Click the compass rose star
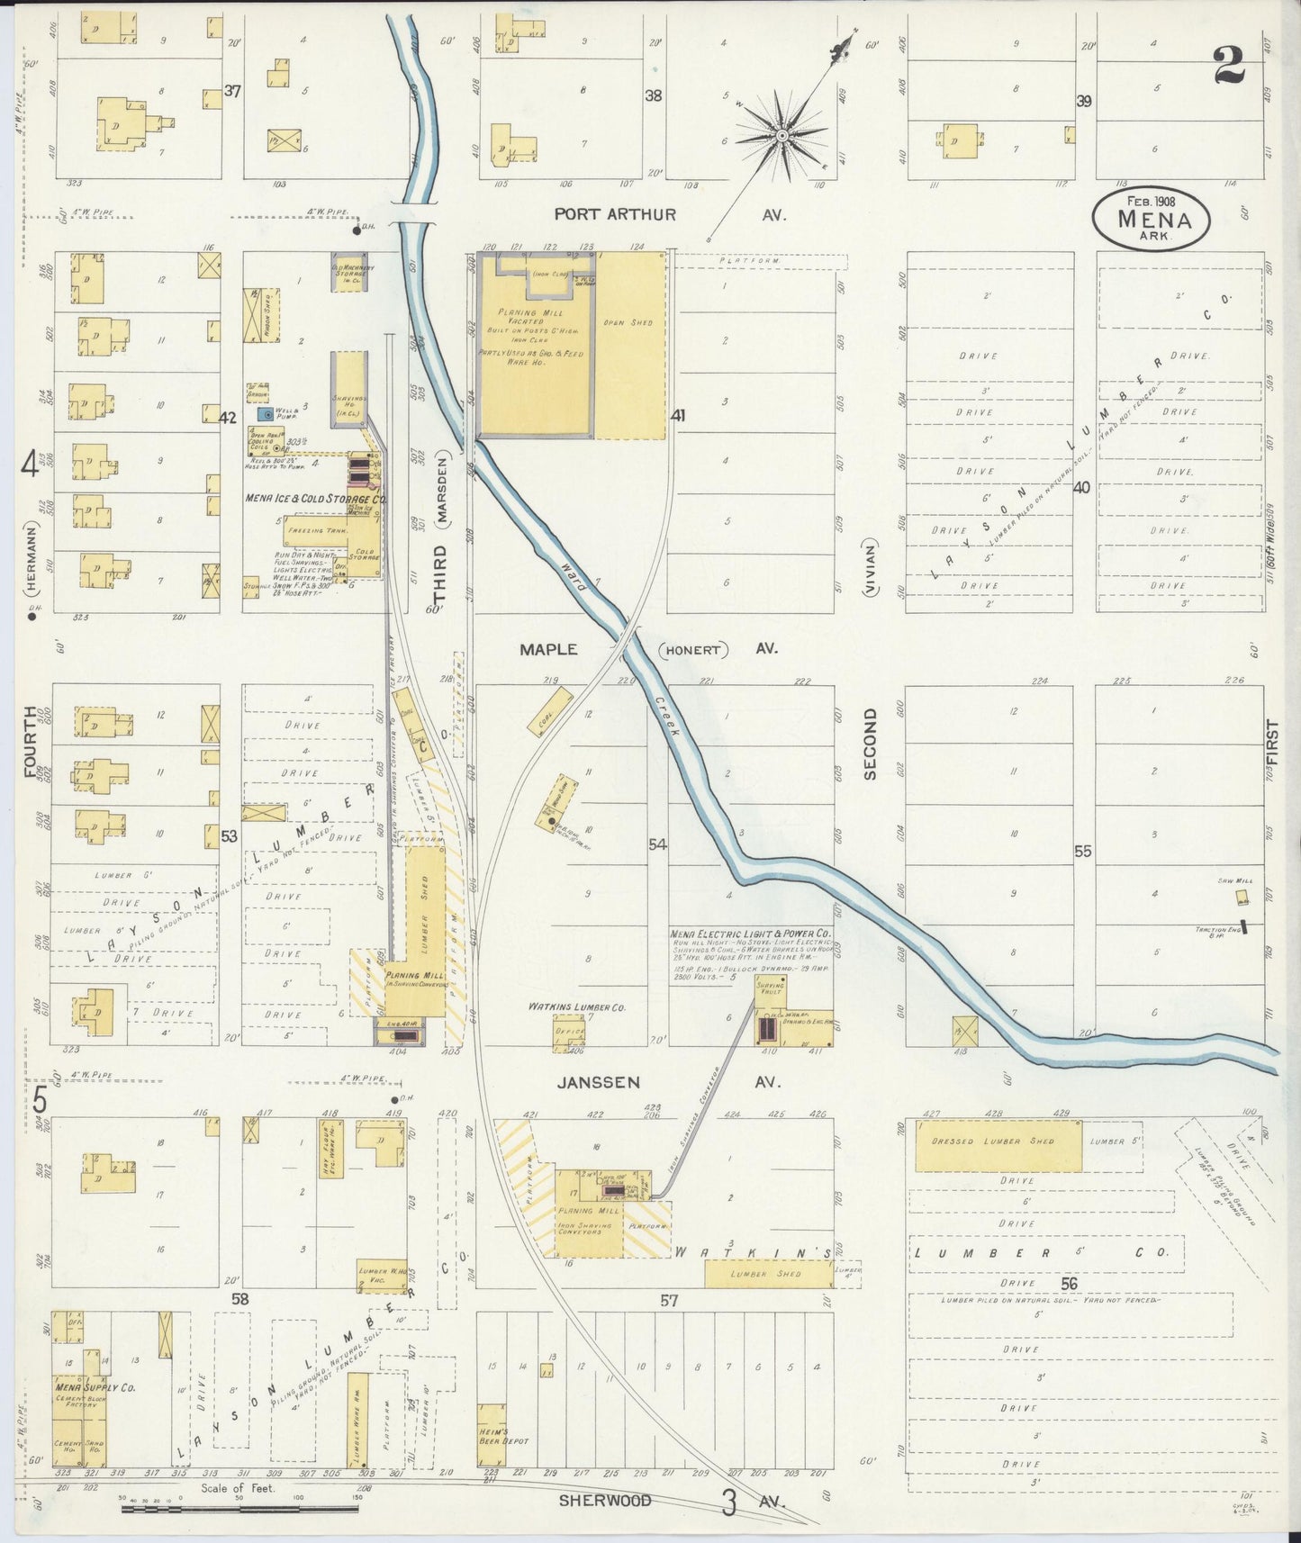(782, 136)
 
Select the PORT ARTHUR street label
(614, 215)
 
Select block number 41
(678, 416)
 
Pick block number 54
(658, 844)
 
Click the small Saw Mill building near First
(1242, 898)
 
